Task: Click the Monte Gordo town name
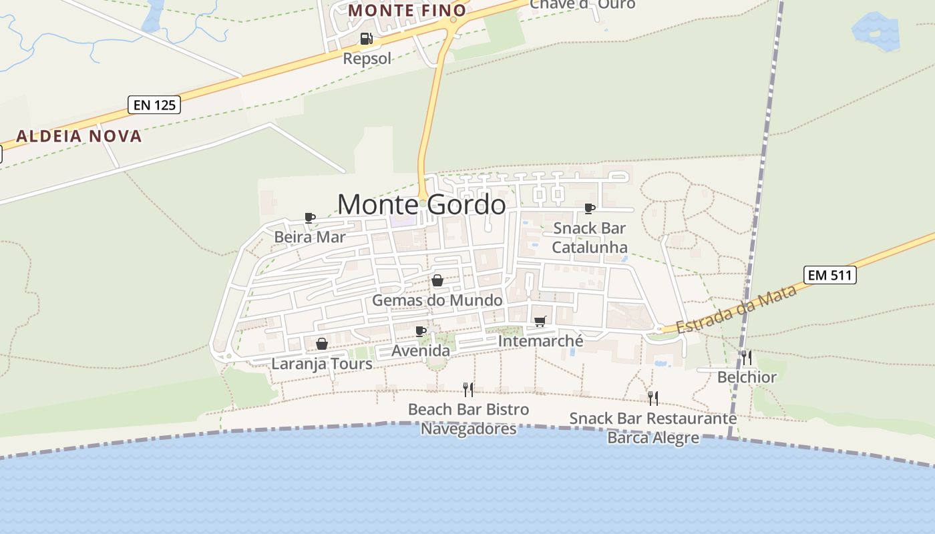(x=421, y=204)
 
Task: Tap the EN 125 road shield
(x=154, y=105)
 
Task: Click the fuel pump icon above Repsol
(x=366, y=39)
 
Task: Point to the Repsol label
(x=367, y=59)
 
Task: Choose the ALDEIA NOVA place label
(x=79, y=136)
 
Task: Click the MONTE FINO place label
(x=407, y=11)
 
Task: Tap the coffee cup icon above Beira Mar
(x=310, y=218)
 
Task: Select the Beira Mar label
(x=310, y=237)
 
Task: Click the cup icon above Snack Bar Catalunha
(x=590, y=209)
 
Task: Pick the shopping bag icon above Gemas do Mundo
(x=437, y=280)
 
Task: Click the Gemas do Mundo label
(x=437, y=300)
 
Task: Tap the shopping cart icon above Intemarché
(x=540, y=322)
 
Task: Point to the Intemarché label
(x=540, y=341)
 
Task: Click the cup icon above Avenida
(x=421, y=331)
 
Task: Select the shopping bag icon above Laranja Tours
(x=322, y=344)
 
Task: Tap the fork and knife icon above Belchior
(x=746, y=358)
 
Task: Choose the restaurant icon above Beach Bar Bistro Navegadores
(x=468, y=390)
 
